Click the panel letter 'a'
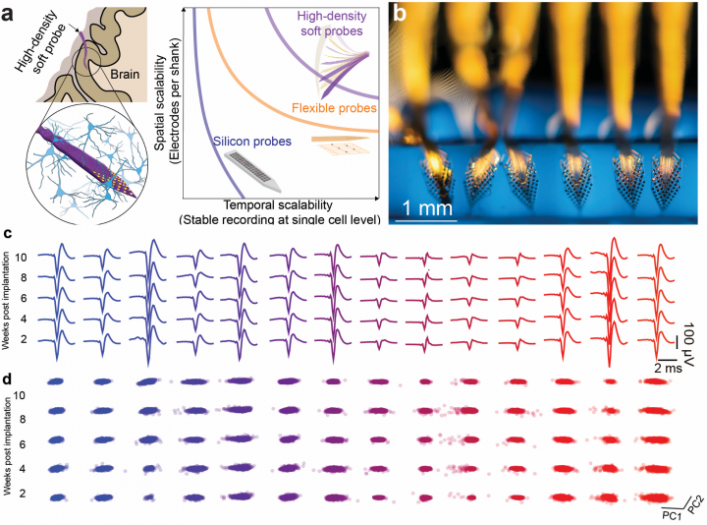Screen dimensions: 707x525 (7, 14)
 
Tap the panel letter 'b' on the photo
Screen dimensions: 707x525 (400, 14)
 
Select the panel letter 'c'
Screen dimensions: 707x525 (7, 234)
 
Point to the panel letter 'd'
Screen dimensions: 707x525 (7, 379)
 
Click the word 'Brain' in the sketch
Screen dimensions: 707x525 (125, 74)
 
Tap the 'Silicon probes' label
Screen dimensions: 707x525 (252, 142)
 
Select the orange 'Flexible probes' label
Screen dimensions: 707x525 (334, 108)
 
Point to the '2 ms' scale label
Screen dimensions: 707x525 (668, 368)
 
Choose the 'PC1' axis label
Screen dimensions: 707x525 (672, 516)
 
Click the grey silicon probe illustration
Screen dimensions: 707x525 (252, 171)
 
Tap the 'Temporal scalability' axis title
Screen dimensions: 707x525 (278, 204)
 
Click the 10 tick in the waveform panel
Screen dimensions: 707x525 (21, 258)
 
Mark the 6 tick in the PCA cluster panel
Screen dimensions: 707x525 (22, 444)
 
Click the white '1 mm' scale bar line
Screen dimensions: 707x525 (426, 221)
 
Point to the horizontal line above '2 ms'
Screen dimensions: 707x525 (664, 360)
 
